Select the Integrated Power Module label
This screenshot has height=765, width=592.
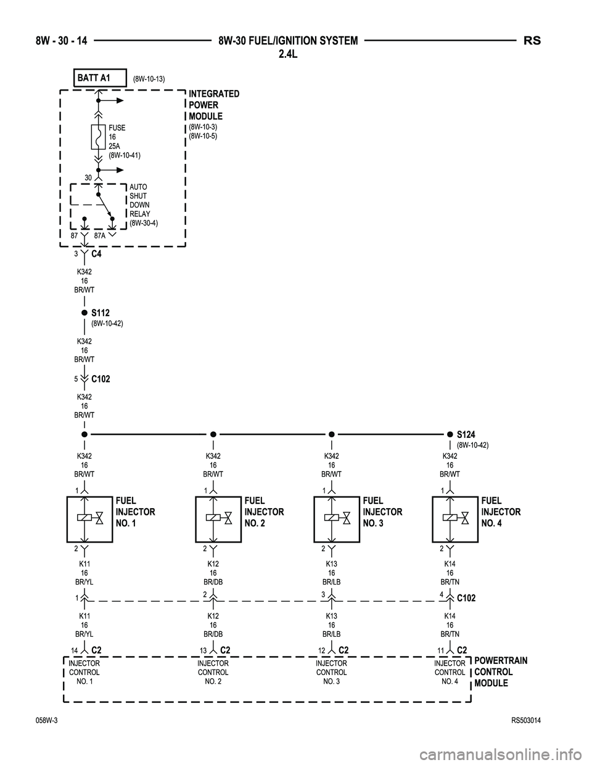click(214, 105)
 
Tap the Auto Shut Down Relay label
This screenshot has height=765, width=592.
click(144, 204)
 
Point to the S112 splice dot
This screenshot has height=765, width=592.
click(84, 313)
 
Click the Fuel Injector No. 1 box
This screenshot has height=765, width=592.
click(89, 519)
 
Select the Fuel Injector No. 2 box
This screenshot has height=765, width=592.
click(218, 519)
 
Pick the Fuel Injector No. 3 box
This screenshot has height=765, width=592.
click(337, 519)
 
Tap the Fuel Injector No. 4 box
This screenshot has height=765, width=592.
click(455, 519)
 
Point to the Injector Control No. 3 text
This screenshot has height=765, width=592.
click(331, 673)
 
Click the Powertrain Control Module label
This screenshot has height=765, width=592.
click(500, 672)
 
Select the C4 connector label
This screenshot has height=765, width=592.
click(96, 253)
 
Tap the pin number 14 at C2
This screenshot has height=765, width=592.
click(74, 650)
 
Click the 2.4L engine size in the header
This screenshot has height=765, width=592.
click(288, 55)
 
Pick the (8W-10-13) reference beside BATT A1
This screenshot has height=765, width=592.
click(149, 78)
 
